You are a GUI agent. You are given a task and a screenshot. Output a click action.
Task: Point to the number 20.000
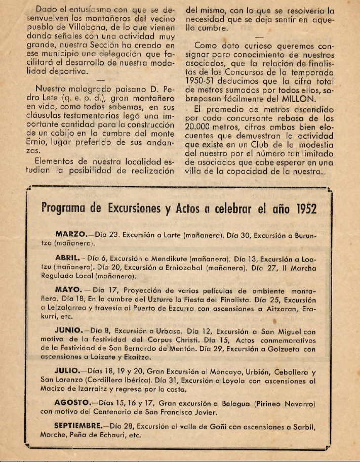pos(203,127)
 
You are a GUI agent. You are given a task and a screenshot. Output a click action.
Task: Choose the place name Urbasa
pos(156,332)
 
